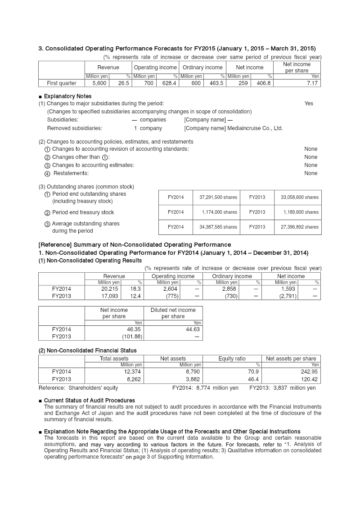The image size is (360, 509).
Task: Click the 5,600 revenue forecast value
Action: click(99, 83)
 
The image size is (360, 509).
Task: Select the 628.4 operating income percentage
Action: click(167, 83)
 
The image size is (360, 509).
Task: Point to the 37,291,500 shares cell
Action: click(218, 197)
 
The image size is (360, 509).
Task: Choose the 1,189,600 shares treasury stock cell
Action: click(301, 212)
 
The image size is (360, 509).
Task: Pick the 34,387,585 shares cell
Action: click(218, 227)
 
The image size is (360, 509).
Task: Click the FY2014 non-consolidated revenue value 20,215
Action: click(111, 289)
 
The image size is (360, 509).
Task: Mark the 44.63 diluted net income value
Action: click(193, 329)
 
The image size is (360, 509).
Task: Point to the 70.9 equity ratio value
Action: click(253, 372)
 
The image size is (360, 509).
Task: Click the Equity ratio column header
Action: click(232, 359)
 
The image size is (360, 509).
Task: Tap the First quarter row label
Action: click(62, 83)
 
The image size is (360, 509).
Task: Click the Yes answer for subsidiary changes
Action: click(309, 104)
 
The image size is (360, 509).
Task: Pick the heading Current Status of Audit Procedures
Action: click(89, 400)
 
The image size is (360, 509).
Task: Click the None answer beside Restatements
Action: click(310, 173)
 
